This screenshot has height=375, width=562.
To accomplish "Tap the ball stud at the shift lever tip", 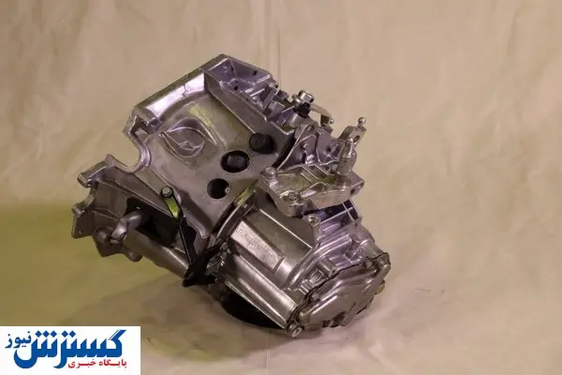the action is pyautogui.click(x=362, y=121).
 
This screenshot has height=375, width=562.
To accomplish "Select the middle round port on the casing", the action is pyautogui.click(x=234, y=162).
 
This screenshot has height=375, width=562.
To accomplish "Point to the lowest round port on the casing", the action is pyautogui.click(x=218, y=188).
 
